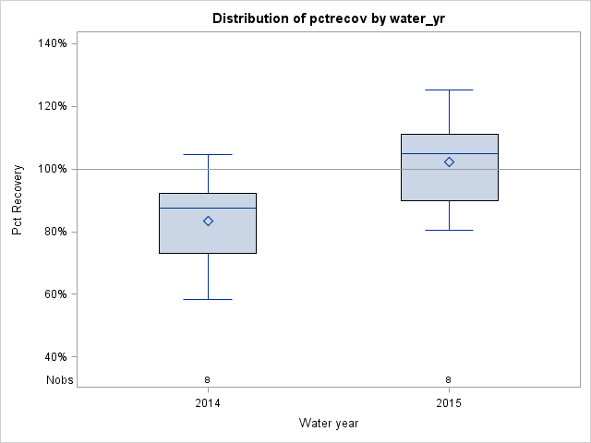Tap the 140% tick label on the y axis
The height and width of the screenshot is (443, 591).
coord(52,43)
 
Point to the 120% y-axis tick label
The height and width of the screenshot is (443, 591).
coord(52,106)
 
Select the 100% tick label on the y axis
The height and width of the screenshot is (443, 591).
coord(52,169)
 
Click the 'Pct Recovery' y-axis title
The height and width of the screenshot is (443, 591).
coord(18,200)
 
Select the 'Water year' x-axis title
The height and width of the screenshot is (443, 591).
coord(328,423)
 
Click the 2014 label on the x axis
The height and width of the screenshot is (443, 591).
coord(208,404)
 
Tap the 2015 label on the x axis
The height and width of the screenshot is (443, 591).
coord(449,404)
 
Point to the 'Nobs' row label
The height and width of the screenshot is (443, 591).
coord(59,379)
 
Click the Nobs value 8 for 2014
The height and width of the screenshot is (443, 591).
coord(208,379)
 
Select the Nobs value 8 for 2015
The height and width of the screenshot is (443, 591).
coord(449,379)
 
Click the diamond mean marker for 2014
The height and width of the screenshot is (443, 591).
coord(208,221)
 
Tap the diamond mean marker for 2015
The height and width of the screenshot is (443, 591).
coord(450,162)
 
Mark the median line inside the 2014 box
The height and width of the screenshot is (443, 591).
coord(185,208)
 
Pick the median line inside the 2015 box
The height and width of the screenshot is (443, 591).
coord(425,153)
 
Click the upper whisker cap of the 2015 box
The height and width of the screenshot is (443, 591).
coord(449,90)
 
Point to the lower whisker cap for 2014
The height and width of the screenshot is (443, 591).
coord(208,299)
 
